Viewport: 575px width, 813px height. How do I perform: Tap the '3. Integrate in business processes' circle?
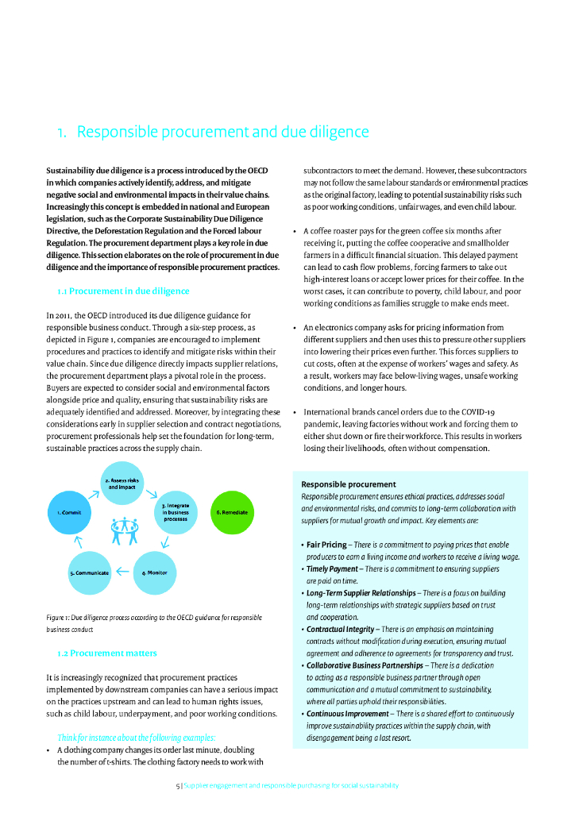175,512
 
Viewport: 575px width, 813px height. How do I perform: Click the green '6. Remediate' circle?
232,512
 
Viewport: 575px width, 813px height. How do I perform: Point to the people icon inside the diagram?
125,530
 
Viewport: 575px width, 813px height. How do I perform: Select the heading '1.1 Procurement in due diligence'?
123,291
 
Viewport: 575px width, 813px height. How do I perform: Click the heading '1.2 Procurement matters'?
107,653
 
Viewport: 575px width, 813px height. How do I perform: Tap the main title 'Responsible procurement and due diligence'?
213,132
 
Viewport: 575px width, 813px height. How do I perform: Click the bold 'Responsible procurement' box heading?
349,484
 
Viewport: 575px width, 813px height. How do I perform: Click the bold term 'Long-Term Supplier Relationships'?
361,593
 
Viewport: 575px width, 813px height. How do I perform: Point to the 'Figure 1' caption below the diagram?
154,617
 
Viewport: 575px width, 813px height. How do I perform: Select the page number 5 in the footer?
177,785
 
